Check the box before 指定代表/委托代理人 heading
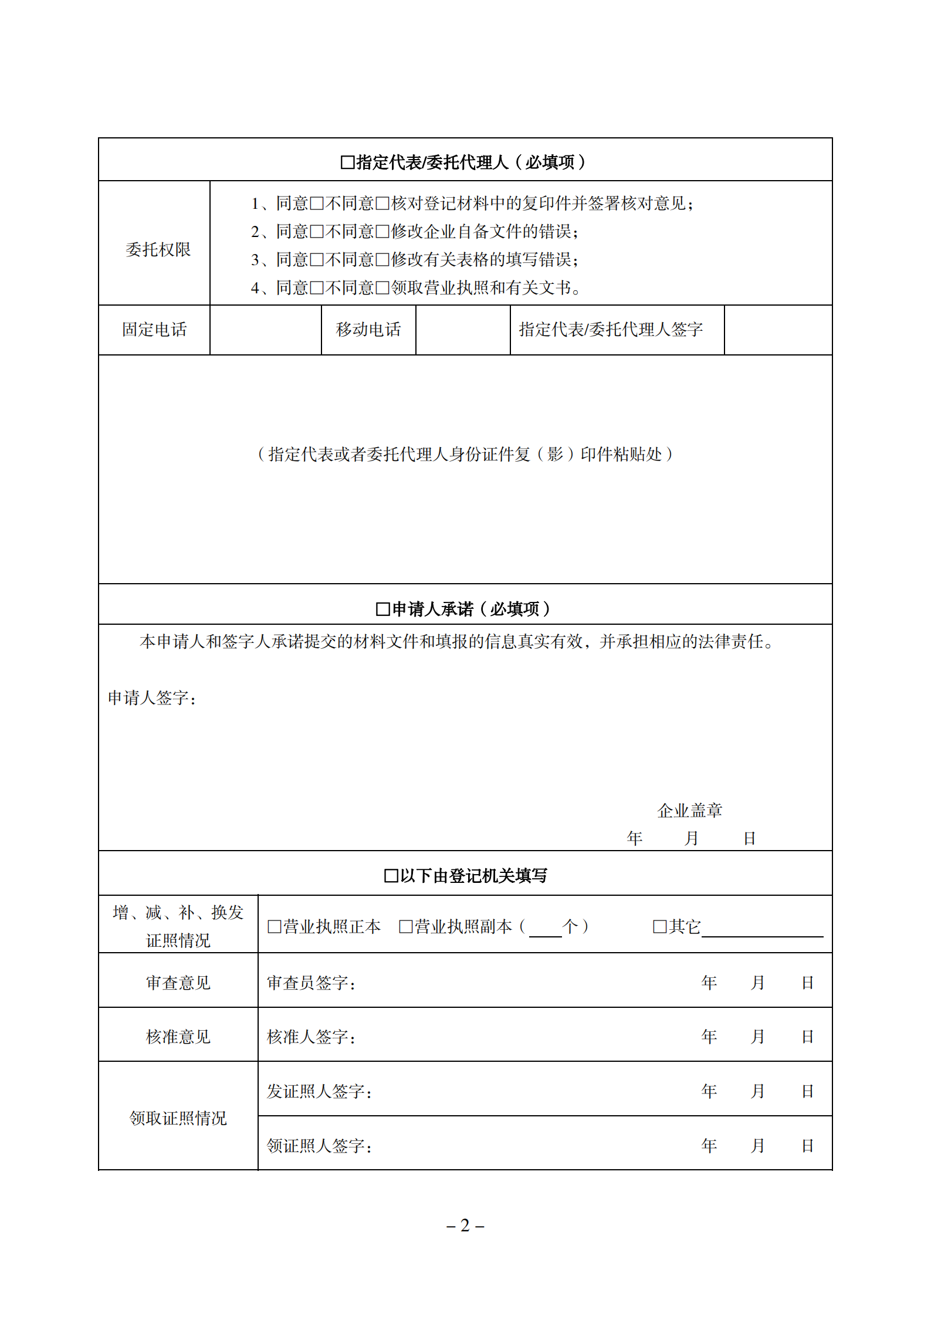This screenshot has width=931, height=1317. (x=347, y=162)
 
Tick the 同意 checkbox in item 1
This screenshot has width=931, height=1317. (x=317, y=204)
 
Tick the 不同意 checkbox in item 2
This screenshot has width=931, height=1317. (x=382, y=232)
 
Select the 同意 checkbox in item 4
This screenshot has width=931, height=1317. (x=317, y=288)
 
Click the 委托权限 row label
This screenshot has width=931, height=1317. (x=158, y=249)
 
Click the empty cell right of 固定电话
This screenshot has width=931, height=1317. (x=265, y=330)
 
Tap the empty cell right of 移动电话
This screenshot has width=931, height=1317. (x=462, y=330)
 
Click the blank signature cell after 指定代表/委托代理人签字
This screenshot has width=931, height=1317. (x=778, y=330)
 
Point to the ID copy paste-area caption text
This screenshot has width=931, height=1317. (x=465, y=454)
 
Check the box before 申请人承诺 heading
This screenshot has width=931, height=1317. (x=382, y=610)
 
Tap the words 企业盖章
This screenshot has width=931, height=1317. (x=689, y=811)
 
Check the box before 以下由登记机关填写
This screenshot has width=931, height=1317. (x=391, y=876)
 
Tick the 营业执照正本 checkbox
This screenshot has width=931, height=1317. (x=274, y=927)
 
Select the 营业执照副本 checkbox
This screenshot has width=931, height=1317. (x=405, y=927)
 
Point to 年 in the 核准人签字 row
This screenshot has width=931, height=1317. (x=709, y=1037)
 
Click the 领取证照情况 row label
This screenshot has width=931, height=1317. (x=178, y=1118)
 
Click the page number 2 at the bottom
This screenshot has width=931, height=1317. (x=465, y=1225)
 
